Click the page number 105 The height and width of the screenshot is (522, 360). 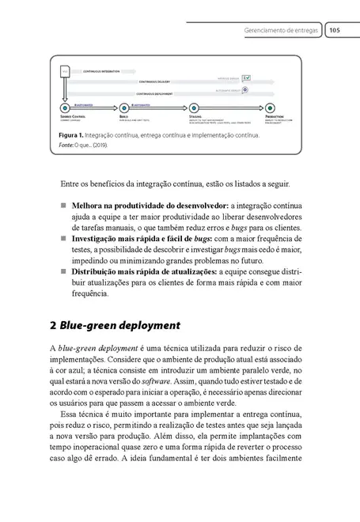point(334,31)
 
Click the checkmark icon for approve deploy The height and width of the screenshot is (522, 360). point(247,78)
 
